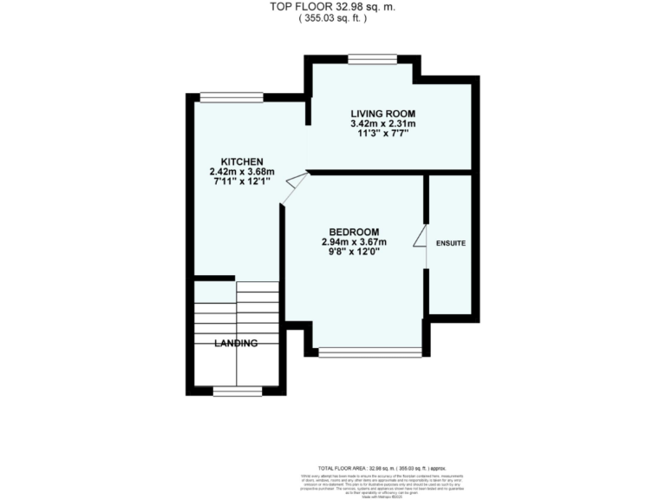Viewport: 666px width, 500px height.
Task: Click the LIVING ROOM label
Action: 382,114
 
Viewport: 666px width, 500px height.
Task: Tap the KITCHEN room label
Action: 242,161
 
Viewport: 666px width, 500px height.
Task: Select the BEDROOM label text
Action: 354,231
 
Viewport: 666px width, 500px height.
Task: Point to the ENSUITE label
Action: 451,244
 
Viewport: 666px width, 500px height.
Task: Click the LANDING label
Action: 237,344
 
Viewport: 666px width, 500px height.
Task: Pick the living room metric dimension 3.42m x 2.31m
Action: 382,124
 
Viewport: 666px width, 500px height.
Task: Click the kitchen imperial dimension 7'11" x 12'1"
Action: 242,182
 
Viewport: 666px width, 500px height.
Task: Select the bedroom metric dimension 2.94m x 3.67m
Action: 354,241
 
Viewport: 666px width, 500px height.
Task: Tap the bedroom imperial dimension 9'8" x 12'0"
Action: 354,252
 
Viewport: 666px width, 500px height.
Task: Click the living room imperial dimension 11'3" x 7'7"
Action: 382,135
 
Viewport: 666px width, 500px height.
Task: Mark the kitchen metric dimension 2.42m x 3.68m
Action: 242,172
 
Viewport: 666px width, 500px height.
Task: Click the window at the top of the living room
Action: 373,59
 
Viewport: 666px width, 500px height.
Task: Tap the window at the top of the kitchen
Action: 232,96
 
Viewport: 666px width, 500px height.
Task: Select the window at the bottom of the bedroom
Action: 369,352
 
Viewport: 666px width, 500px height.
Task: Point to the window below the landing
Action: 238,392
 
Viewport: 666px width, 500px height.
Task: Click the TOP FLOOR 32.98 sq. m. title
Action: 332,8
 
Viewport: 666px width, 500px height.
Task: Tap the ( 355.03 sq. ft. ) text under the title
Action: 332,18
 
